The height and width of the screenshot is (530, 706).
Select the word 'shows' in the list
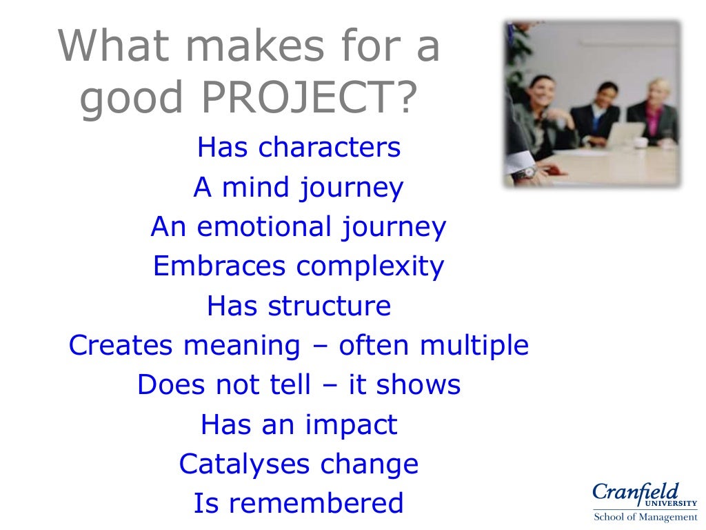pos(419,384)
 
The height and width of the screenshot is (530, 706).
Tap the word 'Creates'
pos(116,345)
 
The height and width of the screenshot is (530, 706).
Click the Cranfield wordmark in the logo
pos(635,493)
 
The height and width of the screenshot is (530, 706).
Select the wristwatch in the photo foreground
pos(528,173)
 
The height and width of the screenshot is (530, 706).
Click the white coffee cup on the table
pos(641,142)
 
